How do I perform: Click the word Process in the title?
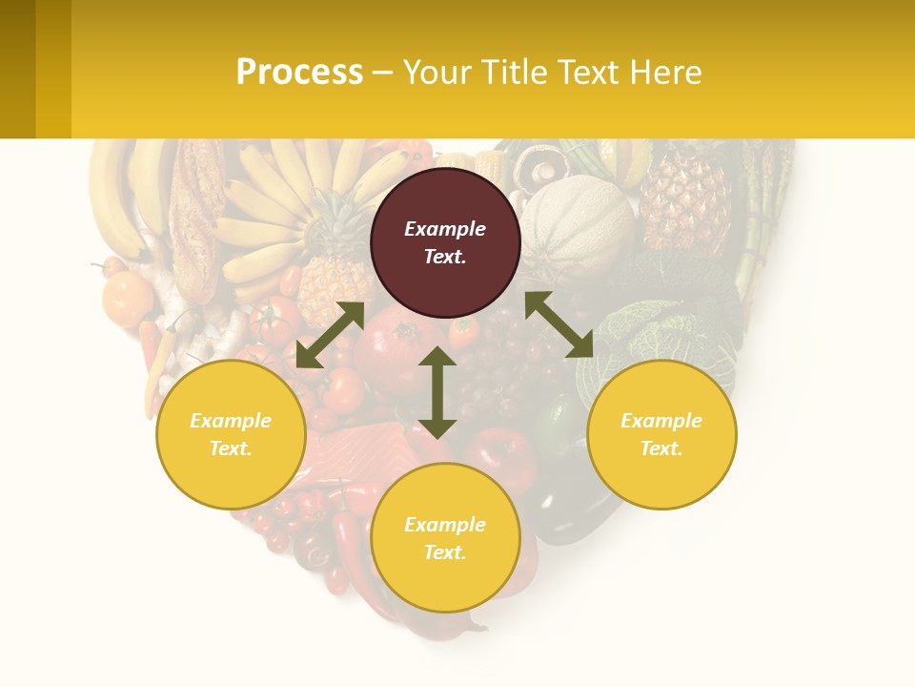299,73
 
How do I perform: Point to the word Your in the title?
437,73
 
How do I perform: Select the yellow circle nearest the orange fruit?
231,434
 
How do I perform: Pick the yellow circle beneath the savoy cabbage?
661,434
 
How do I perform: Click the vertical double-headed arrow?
437,392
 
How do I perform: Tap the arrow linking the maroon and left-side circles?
330,335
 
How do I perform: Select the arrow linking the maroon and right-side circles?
559,325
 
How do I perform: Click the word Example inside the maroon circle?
445,229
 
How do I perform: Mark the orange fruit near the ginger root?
127,298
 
